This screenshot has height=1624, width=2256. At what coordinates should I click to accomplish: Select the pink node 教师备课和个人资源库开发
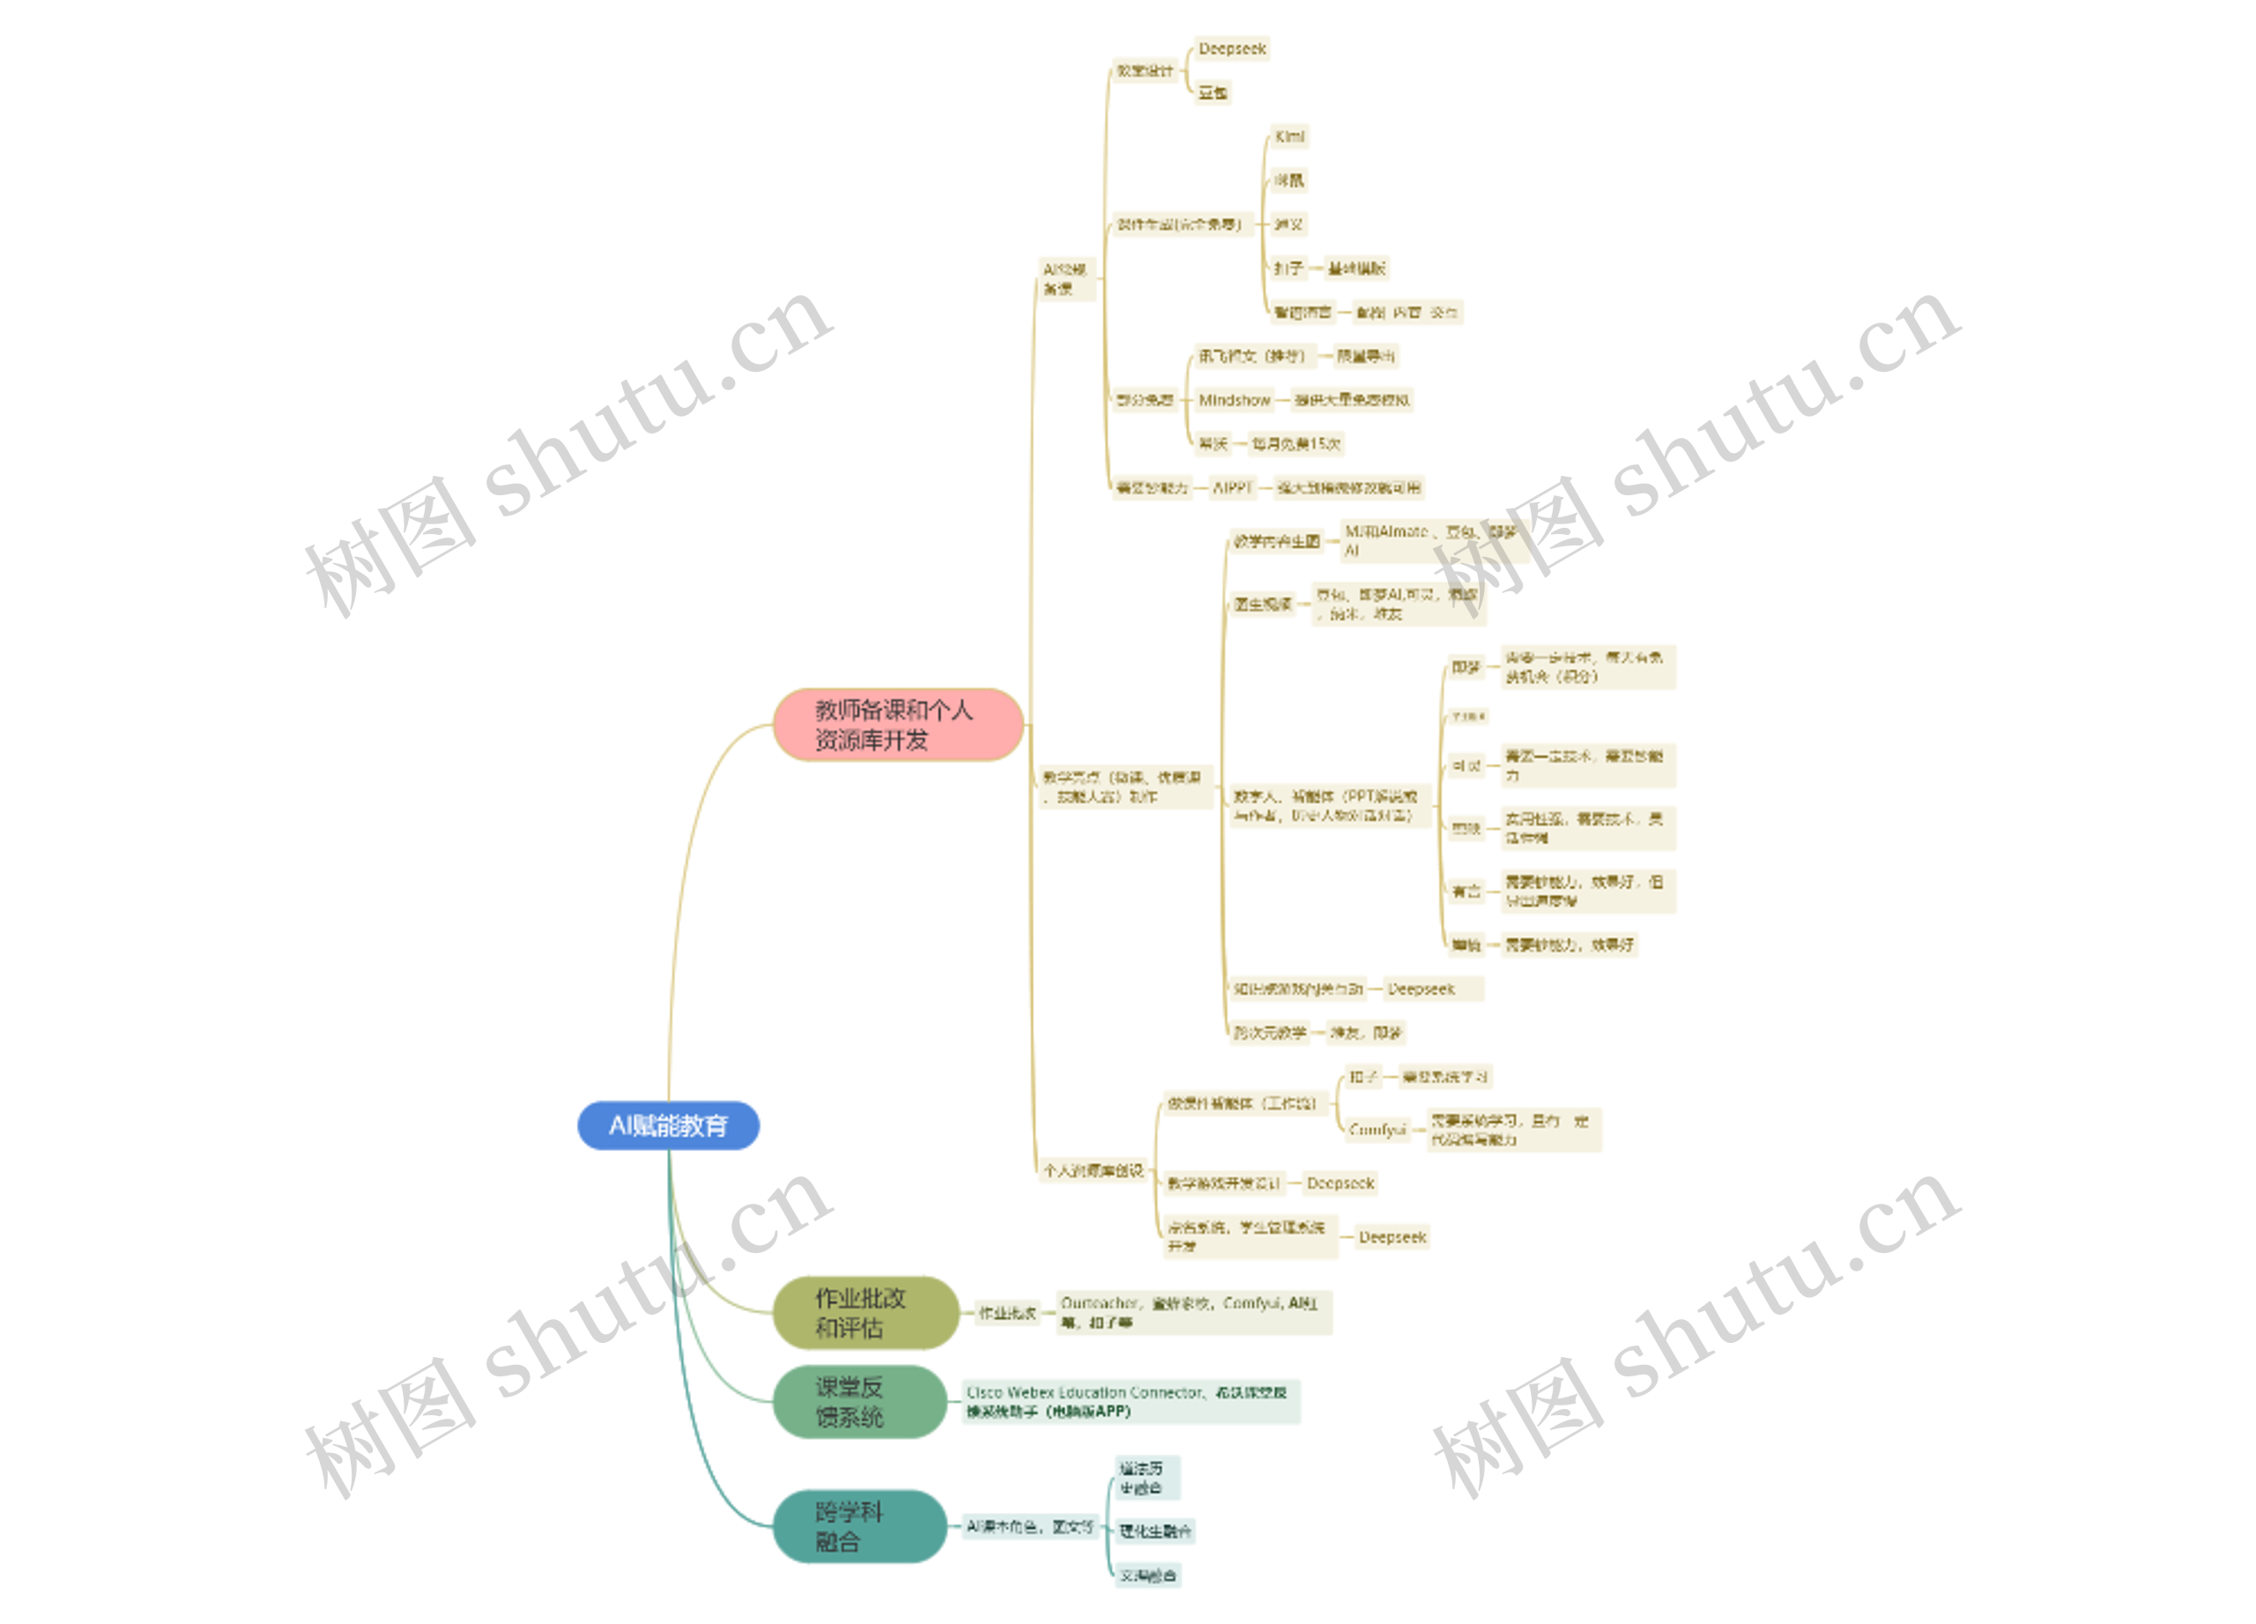(x=897, y=724)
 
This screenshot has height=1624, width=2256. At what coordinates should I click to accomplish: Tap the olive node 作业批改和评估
(x=865, y=1313)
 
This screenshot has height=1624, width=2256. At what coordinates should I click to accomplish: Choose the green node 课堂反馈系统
(x=858, y=1401)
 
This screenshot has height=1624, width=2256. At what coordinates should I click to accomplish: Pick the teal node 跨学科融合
(x=858, y=1525)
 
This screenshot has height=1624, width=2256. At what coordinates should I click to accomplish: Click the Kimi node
(x=1289, y=137)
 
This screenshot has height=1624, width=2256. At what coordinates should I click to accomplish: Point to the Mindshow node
(x=1234, y=400)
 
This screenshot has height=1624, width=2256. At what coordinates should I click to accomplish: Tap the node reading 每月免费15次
(x=1296, y=443)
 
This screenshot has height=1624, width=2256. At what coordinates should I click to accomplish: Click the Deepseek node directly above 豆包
(x=1231, y=48)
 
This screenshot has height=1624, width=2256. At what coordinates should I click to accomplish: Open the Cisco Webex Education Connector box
(x=1130, y=1401)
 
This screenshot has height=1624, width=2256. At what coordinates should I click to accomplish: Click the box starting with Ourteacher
(x=1192, y=1313)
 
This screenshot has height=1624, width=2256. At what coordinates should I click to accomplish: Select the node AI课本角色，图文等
(x=1029, y=1525)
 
